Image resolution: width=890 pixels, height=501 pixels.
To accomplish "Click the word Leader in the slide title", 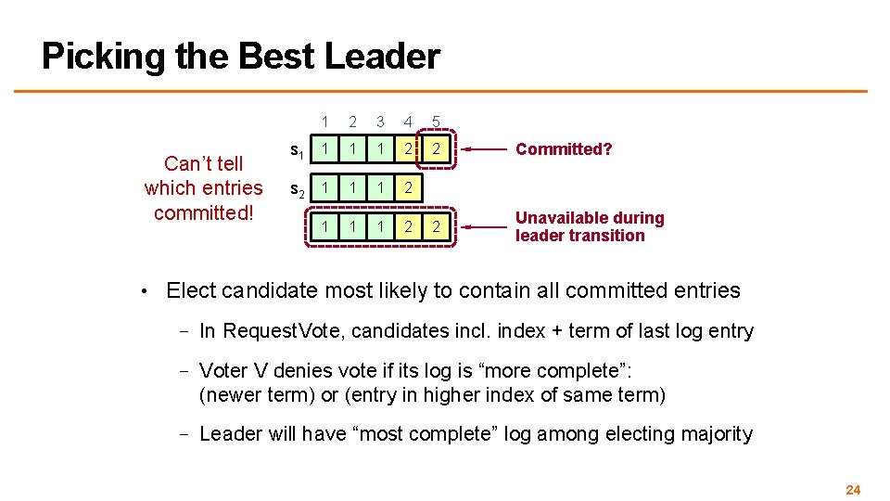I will (382, 57).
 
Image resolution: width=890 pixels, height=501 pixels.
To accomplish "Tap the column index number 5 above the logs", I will (436, 121).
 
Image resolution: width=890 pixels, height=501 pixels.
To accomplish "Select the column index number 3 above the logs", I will (380, 121).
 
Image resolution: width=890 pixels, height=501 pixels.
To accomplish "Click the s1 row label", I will (297, 150).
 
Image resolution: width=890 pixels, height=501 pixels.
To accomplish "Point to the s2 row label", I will (297, 190).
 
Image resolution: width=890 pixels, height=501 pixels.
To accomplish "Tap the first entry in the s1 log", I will (324, 148).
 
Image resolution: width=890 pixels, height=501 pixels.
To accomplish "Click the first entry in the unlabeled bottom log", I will (324, 226).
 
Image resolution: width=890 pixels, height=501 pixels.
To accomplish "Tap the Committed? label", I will (564, 149).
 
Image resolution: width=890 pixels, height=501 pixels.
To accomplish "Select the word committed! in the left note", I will (203, 212).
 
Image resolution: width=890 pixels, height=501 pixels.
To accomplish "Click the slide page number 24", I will (854, 489).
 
